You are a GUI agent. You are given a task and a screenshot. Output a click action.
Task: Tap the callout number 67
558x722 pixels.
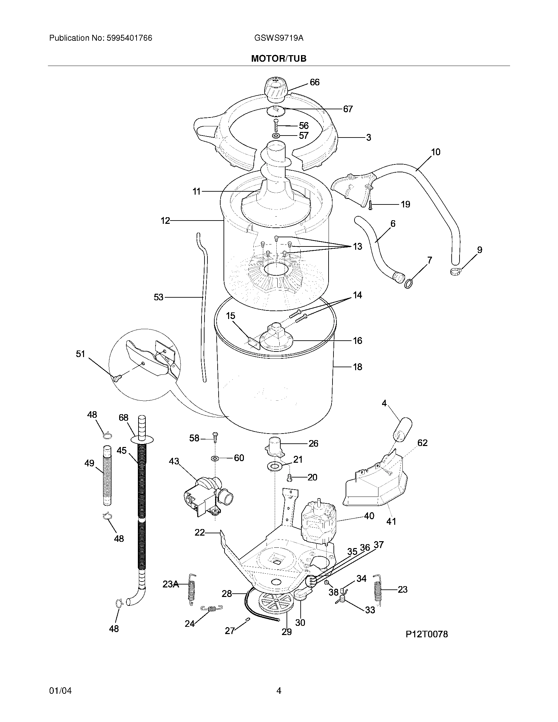tap(348, 109)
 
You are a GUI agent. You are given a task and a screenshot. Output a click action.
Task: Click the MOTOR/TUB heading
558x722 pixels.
tap(279, 58)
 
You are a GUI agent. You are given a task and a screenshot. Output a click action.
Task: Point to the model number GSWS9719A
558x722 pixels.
tap(279, 38)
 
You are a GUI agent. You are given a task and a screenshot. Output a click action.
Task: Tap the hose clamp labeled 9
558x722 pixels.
tap(455, 272)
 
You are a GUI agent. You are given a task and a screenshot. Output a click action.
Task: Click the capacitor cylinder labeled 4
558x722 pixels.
tap(403, 430)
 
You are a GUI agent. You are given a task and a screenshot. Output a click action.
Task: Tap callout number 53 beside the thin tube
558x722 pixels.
tap(158, 297)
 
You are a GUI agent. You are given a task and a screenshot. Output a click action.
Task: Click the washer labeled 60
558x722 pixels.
tap(215, 458)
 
